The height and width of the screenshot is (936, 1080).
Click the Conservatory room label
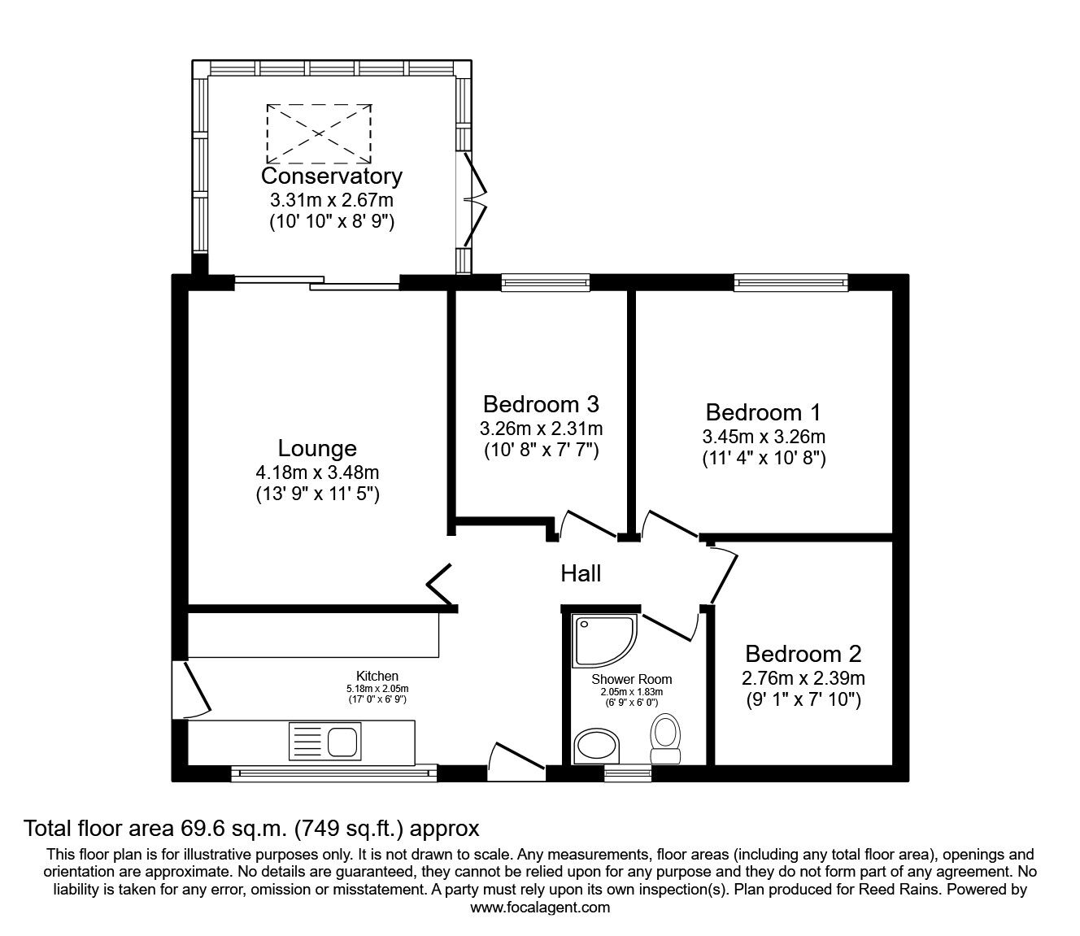point(331,176)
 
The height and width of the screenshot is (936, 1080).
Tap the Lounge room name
point(317,448)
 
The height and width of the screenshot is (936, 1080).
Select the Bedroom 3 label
point(541,404)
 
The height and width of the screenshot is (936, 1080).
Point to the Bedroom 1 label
point(764,411)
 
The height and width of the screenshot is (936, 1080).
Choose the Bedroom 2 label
point(803,653)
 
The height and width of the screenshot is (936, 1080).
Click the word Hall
point(581,573)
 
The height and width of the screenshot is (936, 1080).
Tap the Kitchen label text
point(377,676)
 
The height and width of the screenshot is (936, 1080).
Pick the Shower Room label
point(632,679)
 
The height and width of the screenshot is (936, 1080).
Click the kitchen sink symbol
point(324,741)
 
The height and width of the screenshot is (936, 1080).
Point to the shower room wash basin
point(598,746)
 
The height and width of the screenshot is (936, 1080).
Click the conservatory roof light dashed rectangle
point(319,131)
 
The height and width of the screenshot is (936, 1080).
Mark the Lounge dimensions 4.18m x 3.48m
point(317,472)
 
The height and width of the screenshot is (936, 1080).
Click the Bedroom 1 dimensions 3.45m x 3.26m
point(764,437)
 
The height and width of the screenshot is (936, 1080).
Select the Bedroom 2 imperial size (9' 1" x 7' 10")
point(803,699)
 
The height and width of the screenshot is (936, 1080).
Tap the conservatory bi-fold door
point(476,199)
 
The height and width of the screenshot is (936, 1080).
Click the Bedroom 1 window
point(790,282)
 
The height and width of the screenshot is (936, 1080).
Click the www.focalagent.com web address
point(540,907)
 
